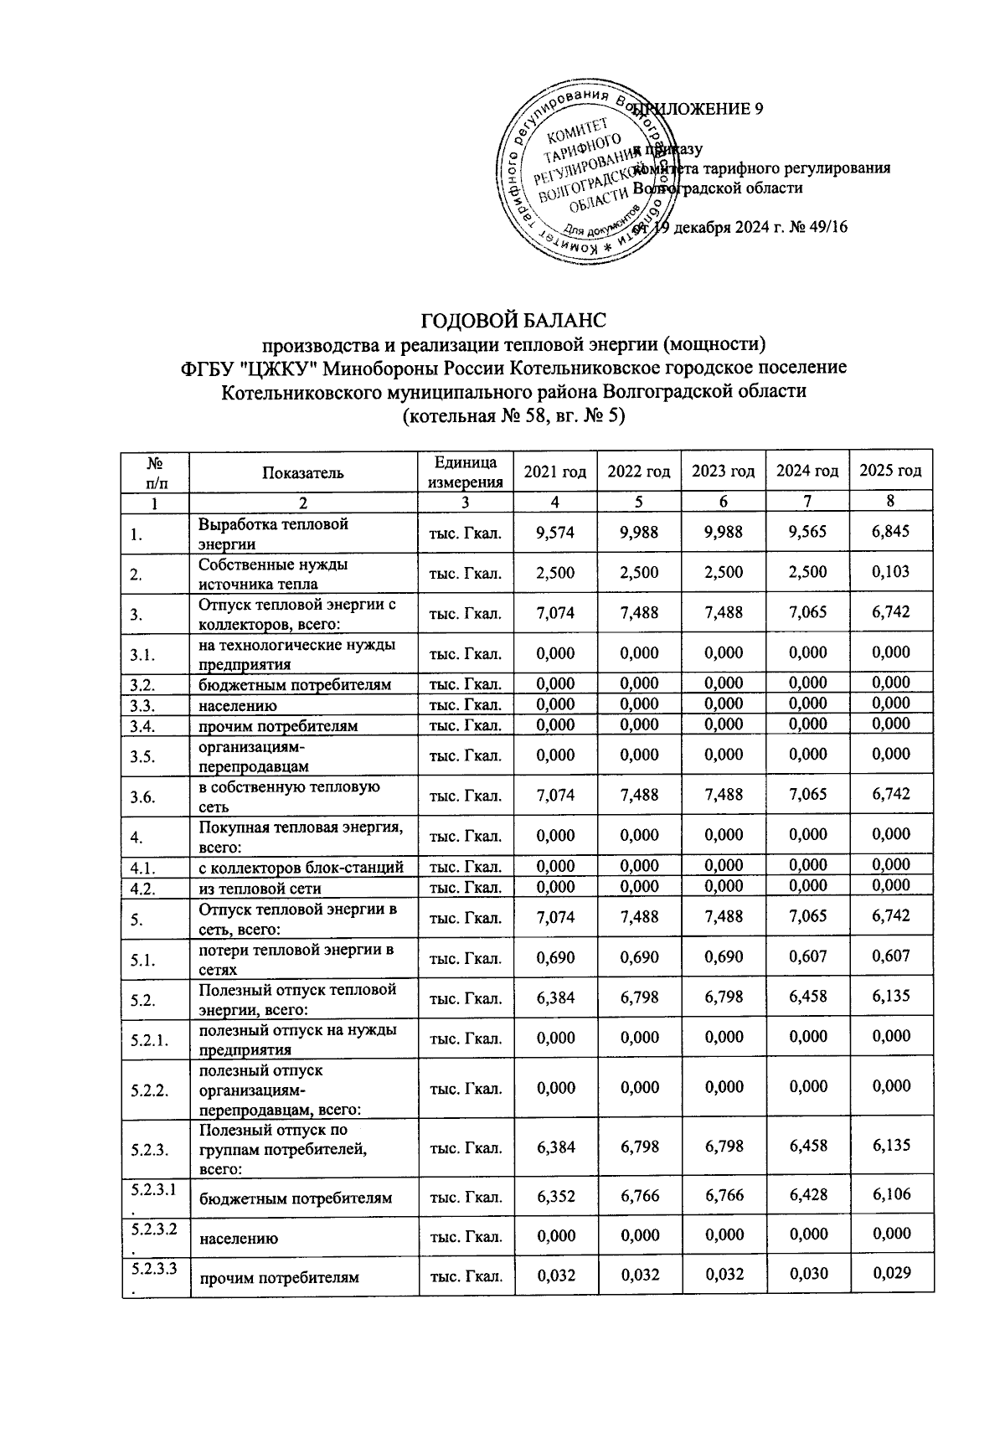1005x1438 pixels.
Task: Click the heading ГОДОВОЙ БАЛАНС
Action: pos(512,321)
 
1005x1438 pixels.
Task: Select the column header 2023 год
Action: pos(723,472)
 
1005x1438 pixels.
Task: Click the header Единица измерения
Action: pos(465,472)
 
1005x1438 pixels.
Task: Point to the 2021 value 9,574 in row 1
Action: pos(555,532)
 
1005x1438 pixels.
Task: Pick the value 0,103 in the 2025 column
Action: pos(890,572)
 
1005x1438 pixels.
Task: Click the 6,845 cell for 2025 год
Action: pos(890,532)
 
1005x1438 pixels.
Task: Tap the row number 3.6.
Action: pos(143,796)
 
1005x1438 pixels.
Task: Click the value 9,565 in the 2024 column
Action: pos(807,532)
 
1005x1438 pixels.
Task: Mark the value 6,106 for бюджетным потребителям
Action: pos(890,1195)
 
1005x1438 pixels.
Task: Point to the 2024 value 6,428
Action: pos(807,1195)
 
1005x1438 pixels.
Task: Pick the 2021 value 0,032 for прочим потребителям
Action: pos(555,1274)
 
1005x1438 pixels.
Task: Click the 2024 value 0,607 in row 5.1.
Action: pos(807,956)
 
